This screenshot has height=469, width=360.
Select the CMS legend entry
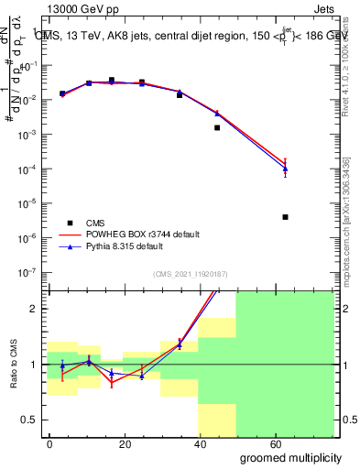[95, 223]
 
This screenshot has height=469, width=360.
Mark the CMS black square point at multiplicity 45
[217, 127]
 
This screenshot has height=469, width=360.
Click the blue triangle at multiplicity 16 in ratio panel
[112, 373]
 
